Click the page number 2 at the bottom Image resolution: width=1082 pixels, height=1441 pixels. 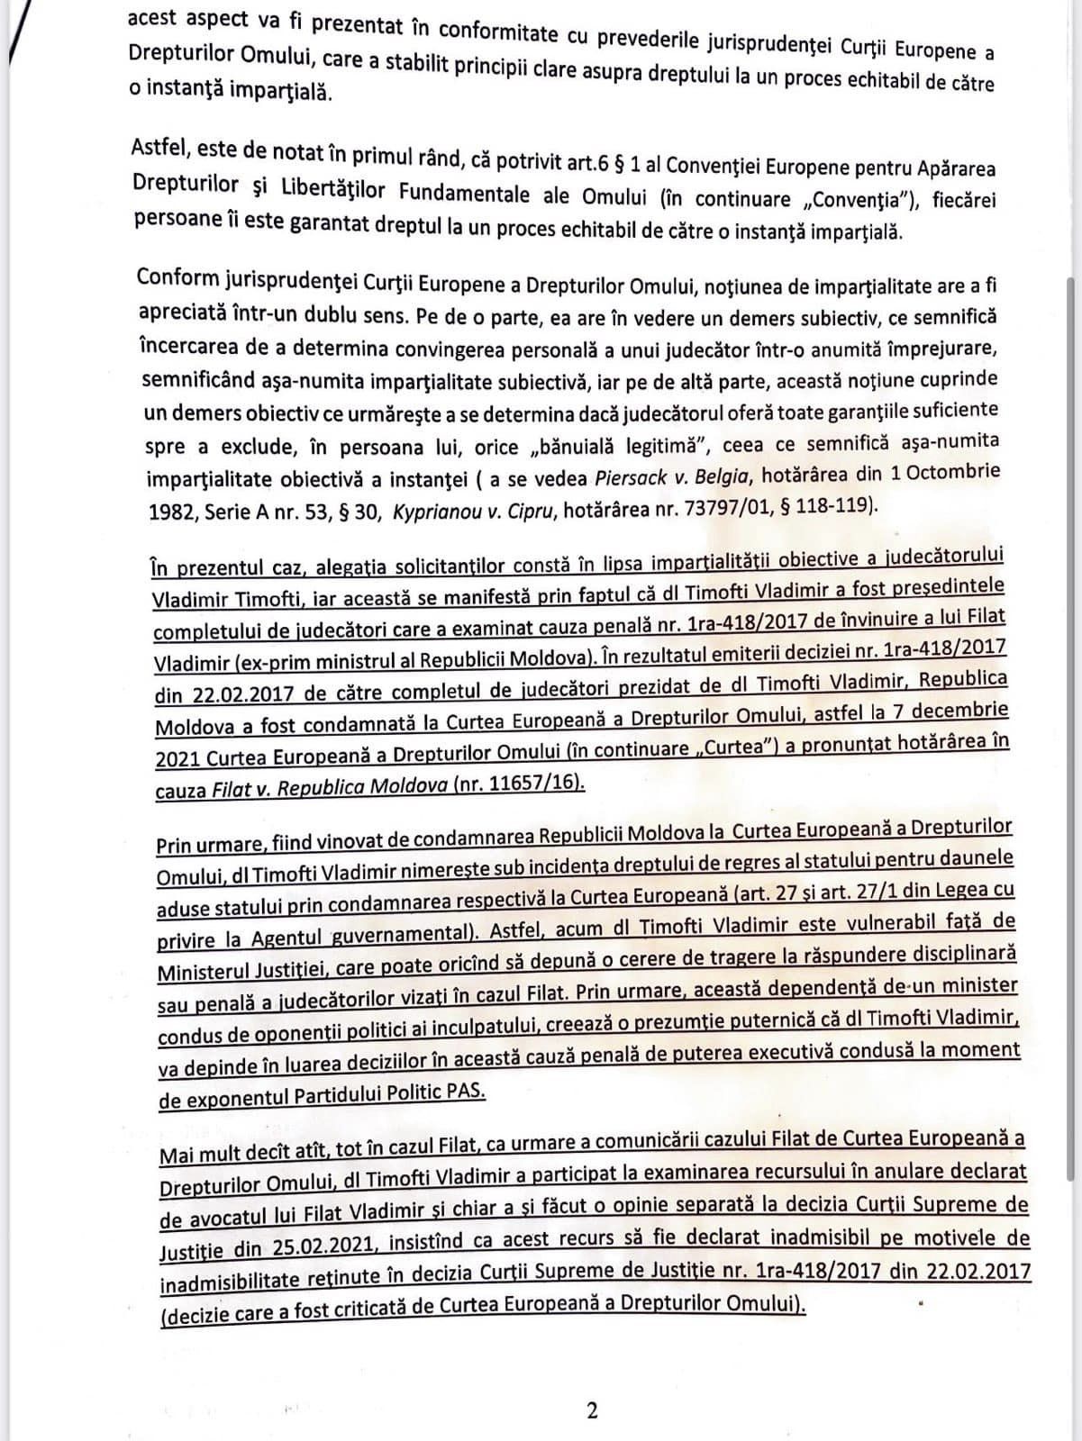coord(592,1410)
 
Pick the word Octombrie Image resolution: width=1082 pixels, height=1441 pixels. coord(955,471)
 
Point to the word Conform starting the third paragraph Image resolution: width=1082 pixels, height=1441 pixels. coord(172,278)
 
